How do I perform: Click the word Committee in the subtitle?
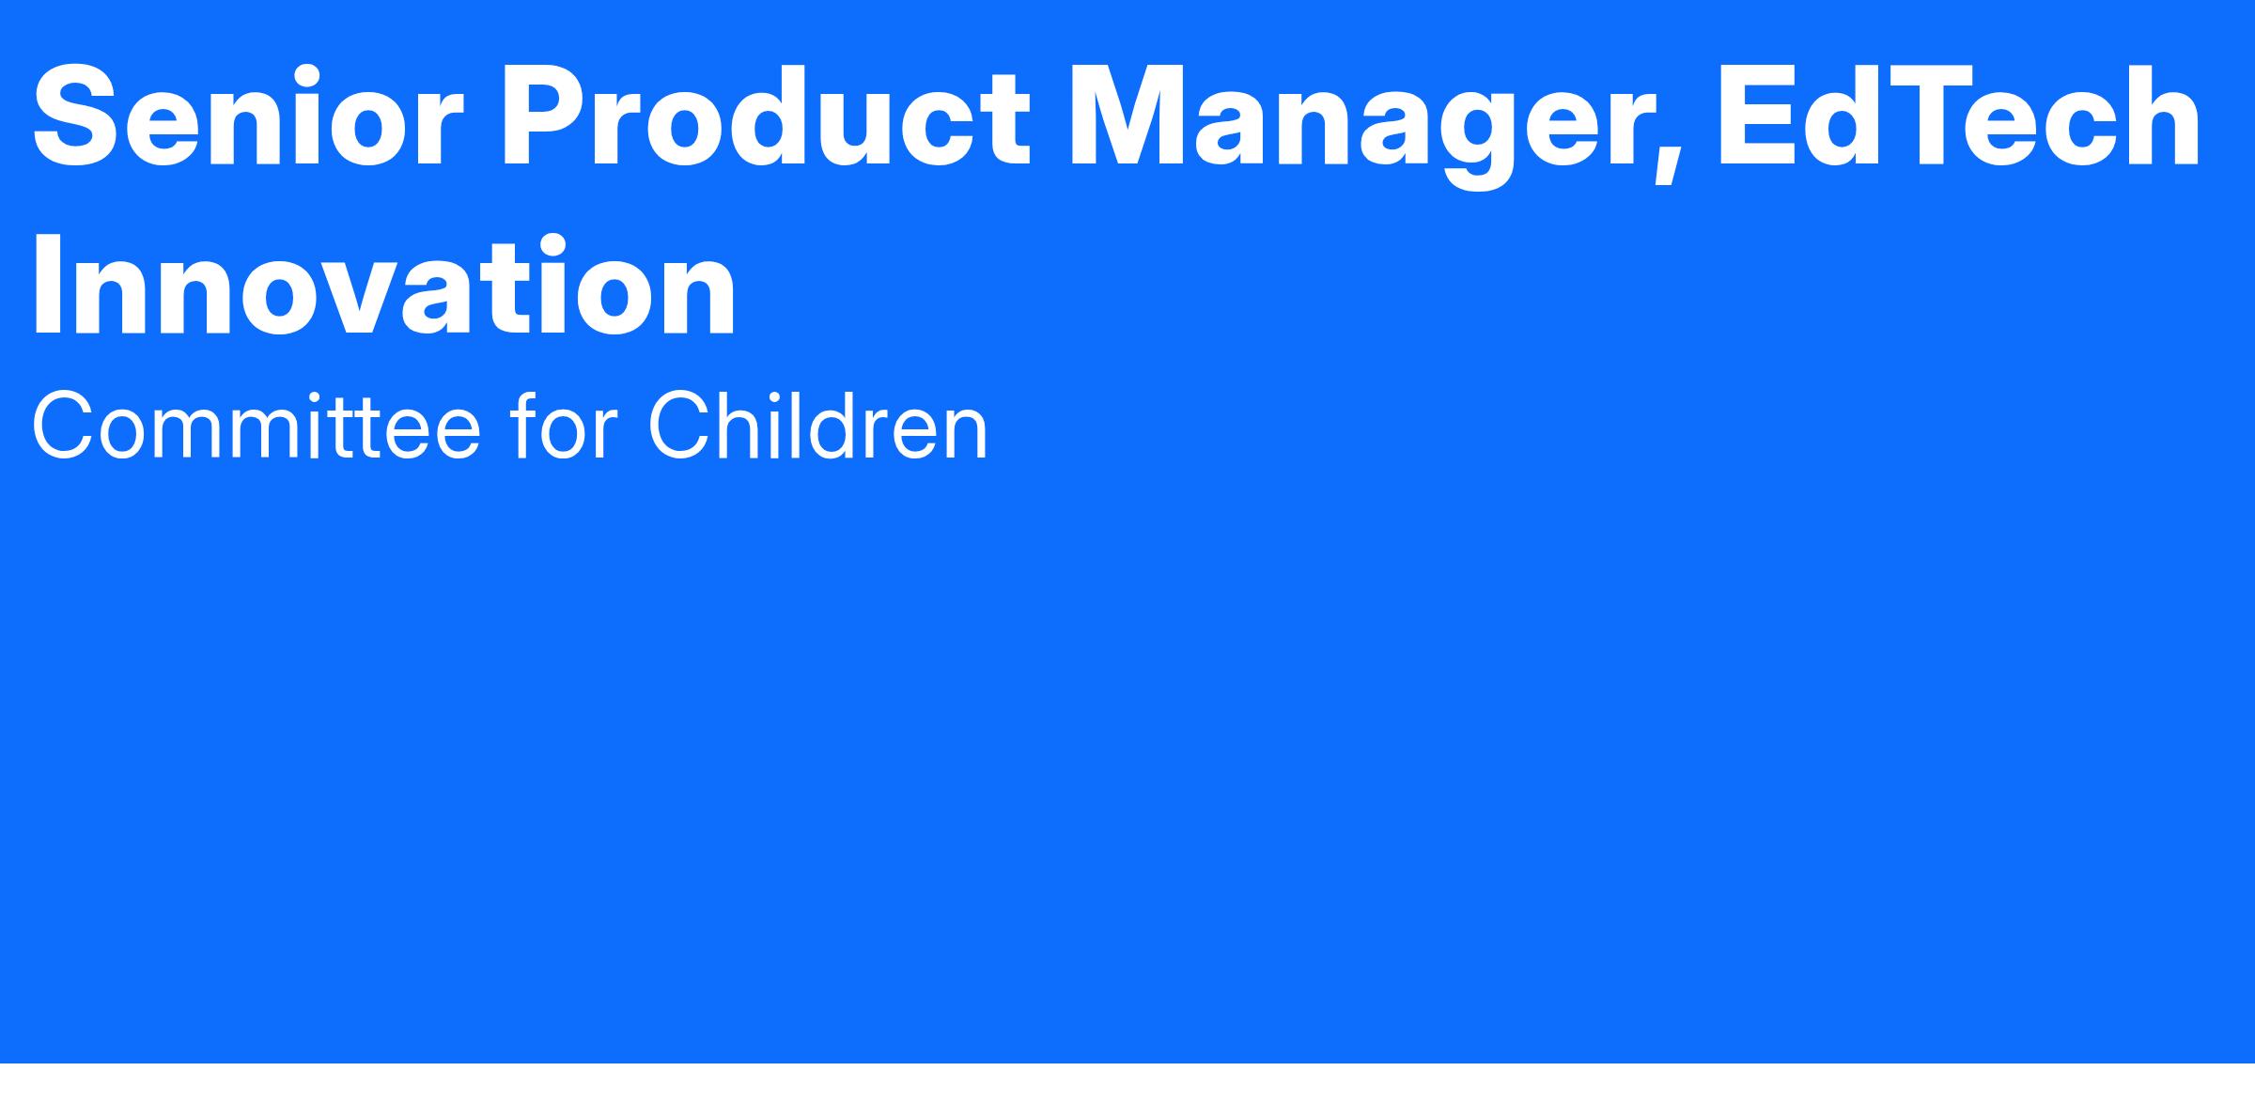pyautogui.click(x=257, y=427)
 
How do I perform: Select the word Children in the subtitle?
pyautogui.click(x=817, y=427)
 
